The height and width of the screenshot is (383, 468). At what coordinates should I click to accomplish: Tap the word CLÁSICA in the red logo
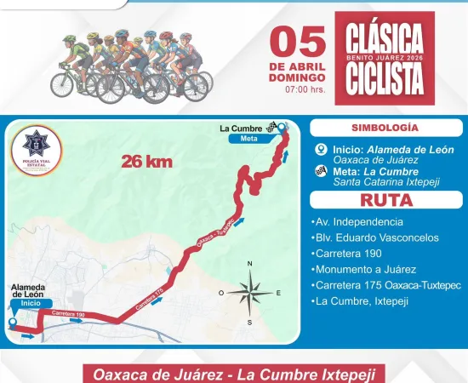pyautogui.click(x=385, y=38)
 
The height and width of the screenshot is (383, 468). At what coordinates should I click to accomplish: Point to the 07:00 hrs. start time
pyautogui.click(x=303, y=89)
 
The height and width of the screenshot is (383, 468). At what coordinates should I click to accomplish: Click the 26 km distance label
pyautogui.click(x=143, y=159)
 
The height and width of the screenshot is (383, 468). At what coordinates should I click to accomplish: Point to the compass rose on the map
pyautogui.click(x=250, y=294)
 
